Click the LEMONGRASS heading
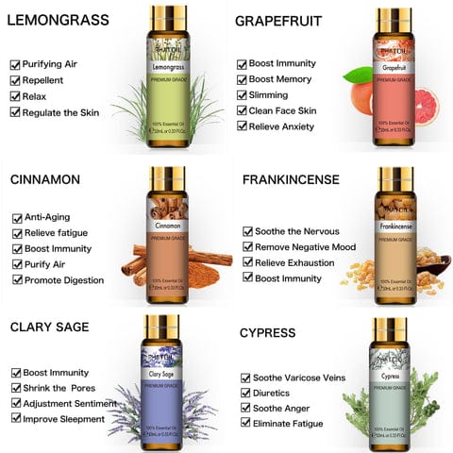59,20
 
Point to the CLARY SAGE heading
51,327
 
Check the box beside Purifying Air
15,64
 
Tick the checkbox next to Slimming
242,95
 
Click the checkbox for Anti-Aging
17,217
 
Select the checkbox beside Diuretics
246,393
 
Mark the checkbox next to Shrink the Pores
16,388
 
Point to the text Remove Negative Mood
306,246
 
